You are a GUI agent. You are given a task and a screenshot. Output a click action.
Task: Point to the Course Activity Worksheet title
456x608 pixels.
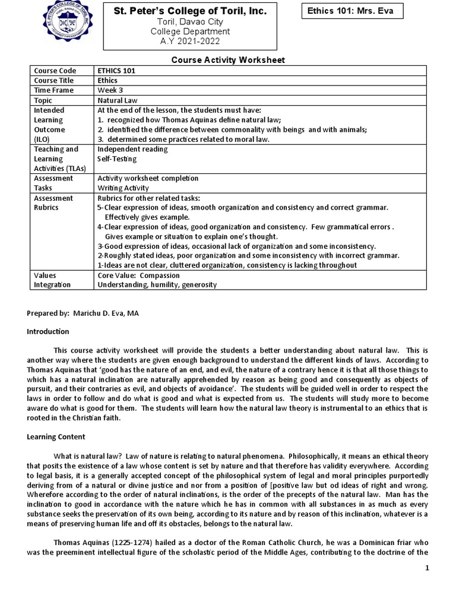[228, 60]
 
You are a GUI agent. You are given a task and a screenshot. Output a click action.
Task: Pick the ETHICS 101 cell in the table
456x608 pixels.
[117, 71]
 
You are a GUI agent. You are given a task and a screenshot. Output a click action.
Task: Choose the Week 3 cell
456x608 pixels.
[110, 90]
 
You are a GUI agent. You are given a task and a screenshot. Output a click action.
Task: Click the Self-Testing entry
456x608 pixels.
[117, 159]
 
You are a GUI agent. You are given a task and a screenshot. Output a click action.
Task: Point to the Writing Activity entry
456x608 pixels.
[123, 188]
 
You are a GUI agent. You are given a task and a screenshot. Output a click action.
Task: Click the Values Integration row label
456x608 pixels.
[52, 280]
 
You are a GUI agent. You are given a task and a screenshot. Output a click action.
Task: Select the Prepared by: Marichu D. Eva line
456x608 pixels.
[87, 313]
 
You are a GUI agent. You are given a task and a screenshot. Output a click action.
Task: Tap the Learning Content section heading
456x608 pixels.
[56, 436]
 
